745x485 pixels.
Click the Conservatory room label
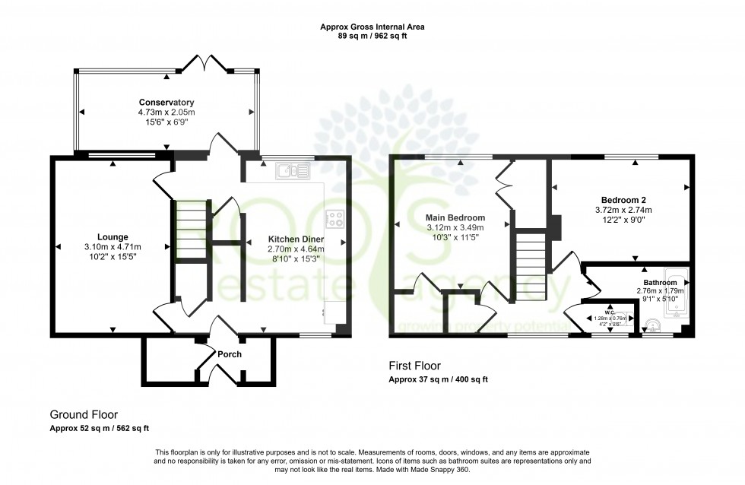click(166, 103)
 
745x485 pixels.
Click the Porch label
click(230, 354)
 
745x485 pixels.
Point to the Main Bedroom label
click(455, 217)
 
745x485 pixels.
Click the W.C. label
click(609, 311)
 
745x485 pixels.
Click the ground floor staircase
click(190, 228)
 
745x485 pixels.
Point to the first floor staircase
click(531, 266)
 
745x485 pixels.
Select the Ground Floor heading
click(84, 414)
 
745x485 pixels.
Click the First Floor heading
click(414, 366)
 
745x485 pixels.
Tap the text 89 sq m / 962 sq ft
click(372, 36)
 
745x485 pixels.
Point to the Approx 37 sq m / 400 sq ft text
click(438, 379)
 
